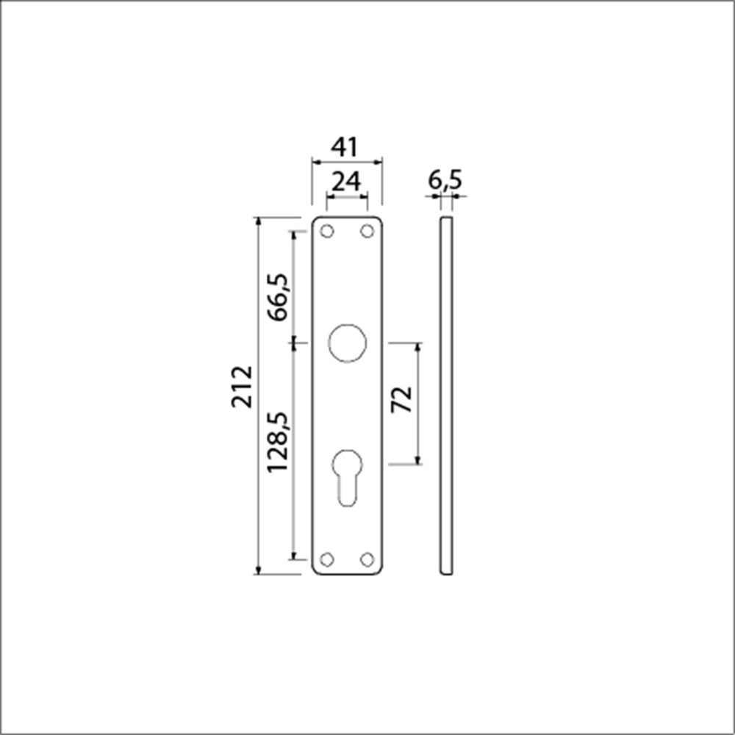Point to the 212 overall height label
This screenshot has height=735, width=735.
point(242,386)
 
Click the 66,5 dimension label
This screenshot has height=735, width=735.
point(279,296)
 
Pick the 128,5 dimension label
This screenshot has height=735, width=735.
point(279,441)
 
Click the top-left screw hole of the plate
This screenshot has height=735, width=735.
point(328,232)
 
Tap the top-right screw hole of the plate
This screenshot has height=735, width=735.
point(366,232)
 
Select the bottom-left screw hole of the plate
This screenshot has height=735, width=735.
point(328,559)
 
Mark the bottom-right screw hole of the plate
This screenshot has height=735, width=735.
point(366,559)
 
